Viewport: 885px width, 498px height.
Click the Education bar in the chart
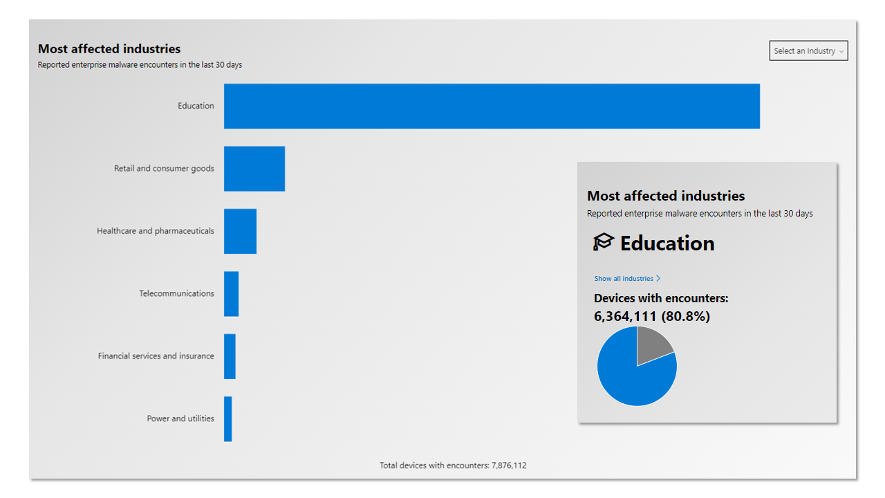[x=492, y=106]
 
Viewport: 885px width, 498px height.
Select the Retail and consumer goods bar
[x=254, y=169]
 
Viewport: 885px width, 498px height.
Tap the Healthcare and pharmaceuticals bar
[x=240, y=231]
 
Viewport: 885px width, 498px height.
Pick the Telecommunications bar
[x=231, y=294]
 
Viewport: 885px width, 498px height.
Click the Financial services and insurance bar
[x=230, y=356]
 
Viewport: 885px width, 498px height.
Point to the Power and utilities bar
[x=227, y=419]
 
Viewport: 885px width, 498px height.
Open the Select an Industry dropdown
[x=808, y=51]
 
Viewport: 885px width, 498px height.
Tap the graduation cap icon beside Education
[x=604, y=242]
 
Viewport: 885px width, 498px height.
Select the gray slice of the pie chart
[x=652, y=344]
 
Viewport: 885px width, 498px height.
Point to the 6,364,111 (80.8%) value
[x=652, y=316]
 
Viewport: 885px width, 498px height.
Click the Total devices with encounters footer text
[x=453, y=465]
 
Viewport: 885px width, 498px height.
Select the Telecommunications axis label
[x=176, y=294]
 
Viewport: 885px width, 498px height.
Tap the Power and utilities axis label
[x=180, y=419]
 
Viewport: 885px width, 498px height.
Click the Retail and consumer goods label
[x=164, y=169]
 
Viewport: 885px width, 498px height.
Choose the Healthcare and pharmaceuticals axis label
[x=156, y=231]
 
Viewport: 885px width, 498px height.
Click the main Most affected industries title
[x=109, y=49]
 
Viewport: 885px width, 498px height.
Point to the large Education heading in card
[x=667, y=243]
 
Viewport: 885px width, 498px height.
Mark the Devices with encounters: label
[x=661, y=299]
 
